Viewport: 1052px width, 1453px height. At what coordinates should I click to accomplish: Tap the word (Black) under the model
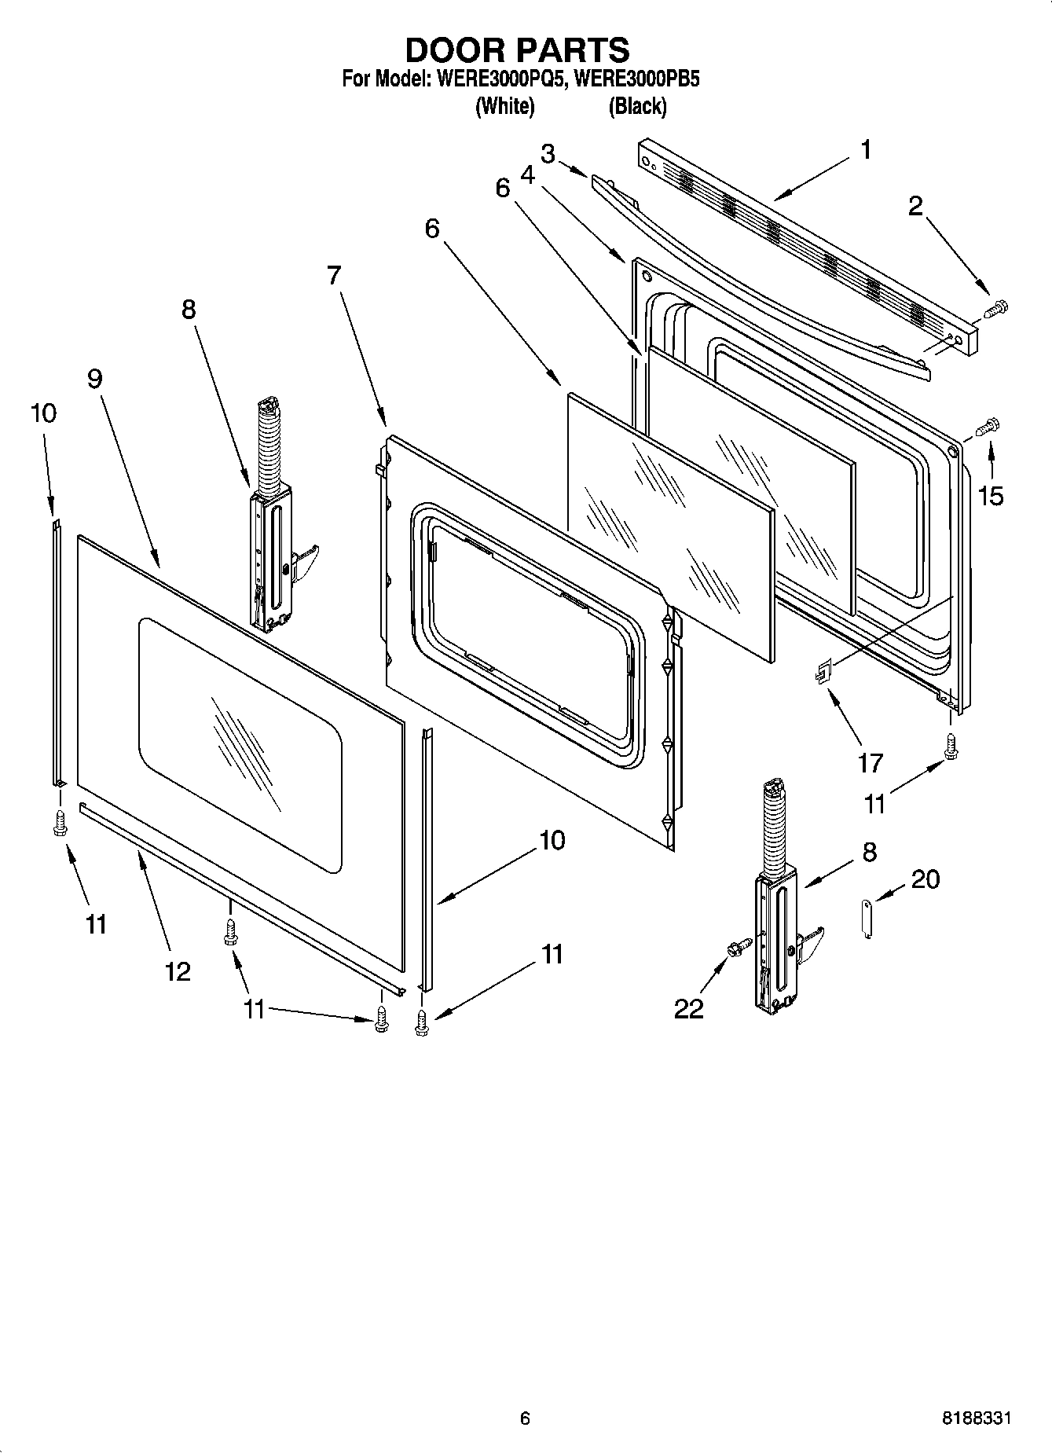pyautogui.click(x=637, y=106)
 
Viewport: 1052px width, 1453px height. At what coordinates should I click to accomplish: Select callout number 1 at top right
pyautogui.click(x=866, y=149)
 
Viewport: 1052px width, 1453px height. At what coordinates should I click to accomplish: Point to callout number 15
pyautogui.click(x=991, y=496)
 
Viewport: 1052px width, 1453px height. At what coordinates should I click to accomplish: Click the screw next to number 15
pyautogui.click(x=986, y=427)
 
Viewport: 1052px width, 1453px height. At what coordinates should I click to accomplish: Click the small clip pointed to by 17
pyautogui.click(x=821, y=673)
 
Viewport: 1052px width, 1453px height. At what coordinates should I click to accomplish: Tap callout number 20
pyautogui.click(x=925, y=879)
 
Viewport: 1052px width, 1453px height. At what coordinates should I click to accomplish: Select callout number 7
pyautogui.click(x=334, y=275)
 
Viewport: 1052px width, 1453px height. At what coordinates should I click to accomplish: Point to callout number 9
pyautogui.click(x=94, y=379)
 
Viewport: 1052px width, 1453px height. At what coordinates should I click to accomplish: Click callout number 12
pyautogui.click(x=178, y=971)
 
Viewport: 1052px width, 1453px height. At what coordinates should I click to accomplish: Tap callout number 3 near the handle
pyautogui.click(x=548, y=154)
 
